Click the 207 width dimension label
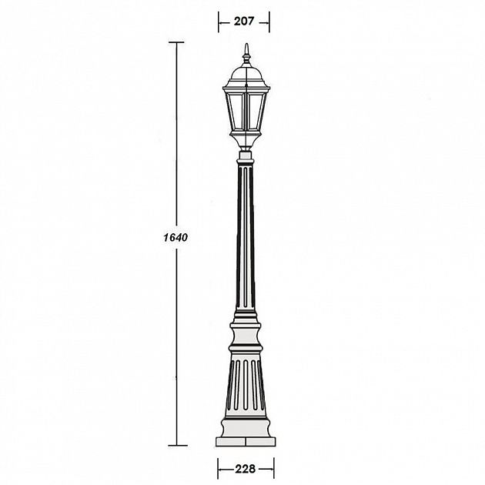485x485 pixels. point(244,22)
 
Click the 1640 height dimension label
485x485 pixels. point(176,237)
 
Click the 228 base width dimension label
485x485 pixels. point(246,469)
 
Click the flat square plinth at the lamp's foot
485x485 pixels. point(246,442)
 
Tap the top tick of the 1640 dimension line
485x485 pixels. point(176,42)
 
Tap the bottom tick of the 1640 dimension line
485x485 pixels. point(178,446)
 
